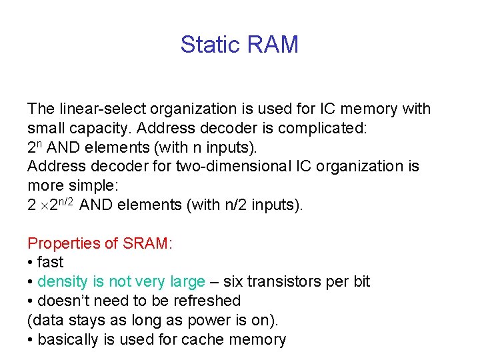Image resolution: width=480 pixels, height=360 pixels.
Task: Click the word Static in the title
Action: [209, 45]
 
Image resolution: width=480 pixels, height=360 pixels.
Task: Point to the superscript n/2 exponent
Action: [65, 201]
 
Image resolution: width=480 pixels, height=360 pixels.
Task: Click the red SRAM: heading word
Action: [147, 243]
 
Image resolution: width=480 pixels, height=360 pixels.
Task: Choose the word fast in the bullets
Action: [51, 263]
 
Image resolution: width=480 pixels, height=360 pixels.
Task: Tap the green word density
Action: [62, 282]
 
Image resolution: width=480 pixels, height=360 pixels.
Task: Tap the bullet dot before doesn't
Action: [31, 301]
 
